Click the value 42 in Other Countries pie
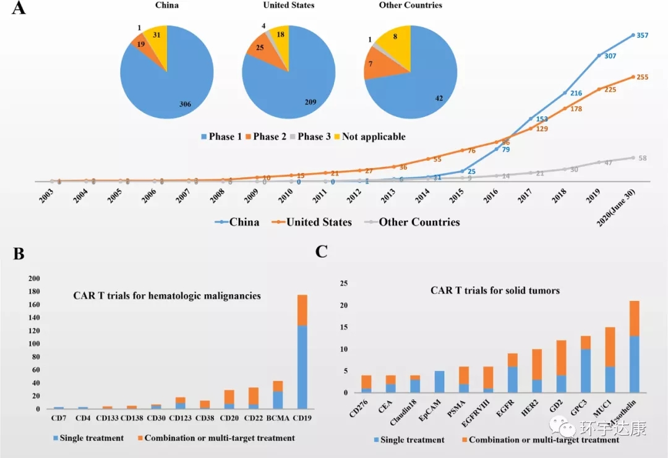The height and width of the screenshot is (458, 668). pos(422,98)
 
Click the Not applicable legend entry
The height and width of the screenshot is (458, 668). pos(370,137)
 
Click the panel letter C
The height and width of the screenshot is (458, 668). pos(322,251)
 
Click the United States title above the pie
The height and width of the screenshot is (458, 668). pos(288,6)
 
